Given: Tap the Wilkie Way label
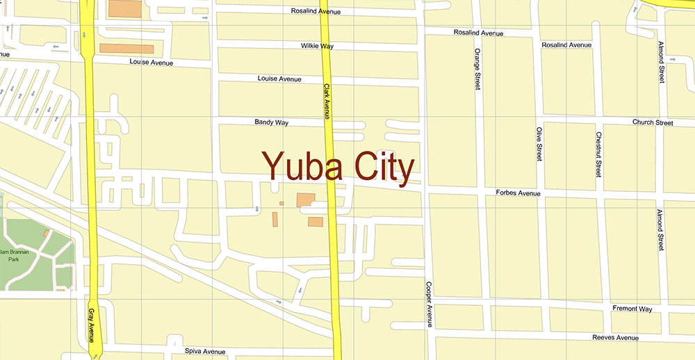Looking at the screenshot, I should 317,46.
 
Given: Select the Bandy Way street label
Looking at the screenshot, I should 271,122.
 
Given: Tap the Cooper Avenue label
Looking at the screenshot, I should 430,304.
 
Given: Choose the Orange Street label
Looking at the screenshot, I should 477,69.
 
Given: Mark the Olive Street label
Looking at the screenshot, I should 539,144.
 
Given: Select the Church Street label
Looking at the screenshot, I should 653,123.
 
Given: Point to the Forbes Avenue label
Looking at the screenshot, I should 518,193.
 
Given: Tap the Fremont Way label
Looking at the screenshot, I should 632,309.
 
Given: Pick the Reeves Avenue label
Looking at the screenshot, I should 614,338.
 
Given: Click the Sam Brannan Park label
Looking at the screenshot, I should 12,256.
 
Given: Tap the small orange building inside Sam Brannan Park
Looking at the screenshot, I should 46,234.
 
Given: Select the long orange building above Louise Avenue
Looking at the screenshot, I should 126,49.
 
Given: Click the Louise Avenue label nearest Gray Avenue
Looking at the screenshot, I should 152,63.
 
